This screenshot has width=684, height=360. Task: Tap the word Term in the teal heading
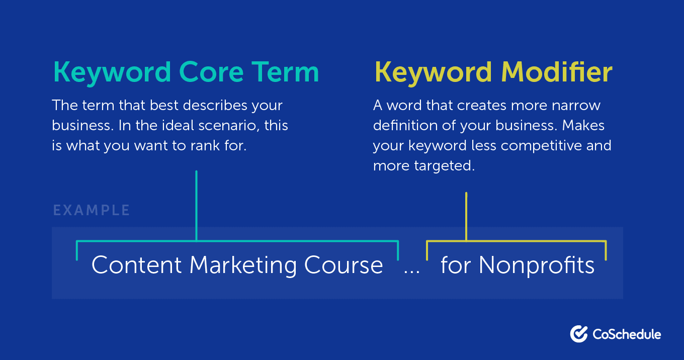[287, 72]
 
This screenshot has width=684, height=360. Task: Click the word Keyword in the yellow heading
[429, 73]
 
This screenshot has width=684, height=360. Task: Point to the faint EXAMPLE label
[92, 210]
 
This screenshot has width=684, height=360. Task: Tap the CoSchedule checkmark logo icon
[579, 334]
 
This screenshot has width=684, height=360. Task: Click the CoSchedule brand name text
[627, 334]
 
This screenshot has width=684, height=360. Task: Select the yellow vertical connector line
[466, 216]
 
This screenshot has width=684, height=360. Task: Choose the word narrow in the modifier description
[574, 106]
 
